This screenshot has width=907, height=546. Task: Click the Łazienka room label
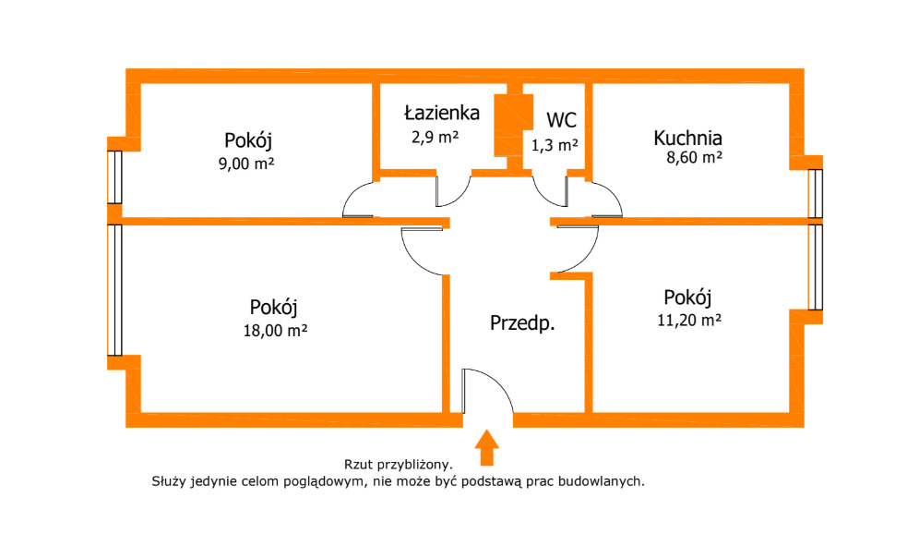tap(442, 114)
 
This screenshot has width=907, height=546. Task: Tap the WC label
tap(561, 120)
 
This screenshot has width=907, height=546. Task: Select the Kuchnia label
tap(687, 139)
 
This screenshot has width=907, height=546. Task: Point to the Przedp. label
tap(521, 323)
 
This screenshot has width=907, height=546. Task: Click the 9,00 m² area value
tap(249, 164)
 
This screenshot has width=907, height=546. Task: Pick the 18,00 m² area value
tap(274, 330)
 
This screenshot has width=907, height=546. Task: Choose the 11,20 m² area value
tap(687, 321)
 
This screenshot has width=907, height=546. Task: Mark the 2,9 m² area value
tap(435, 137)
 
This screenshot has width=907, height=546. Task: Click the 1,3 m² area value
tap(555, 144)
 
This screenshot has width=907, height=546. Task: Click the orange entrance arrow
tap(487, 447)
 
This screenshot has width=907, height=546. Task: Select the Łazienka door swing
tap(452, 190)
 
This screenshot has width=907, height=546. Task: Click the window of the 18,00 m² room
tap(114, 289)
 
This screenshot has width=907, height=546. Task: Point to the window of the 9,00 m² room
tap(114, 176)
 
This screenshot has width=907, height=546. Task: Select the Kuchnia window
tap(815, 193)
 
